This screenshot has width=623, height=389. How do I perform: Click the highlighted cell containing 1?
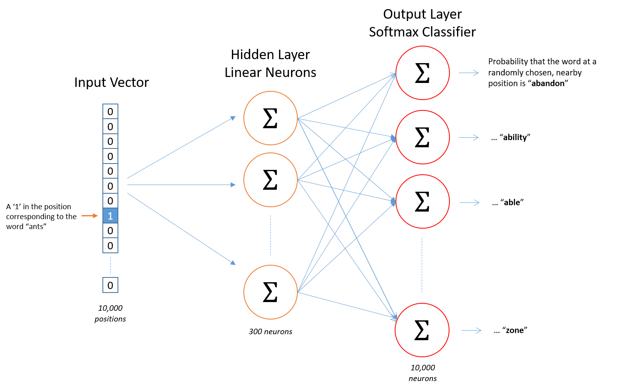coord(110,216)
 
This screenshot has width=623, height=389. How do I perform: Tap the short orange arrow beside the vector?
coord(89,216)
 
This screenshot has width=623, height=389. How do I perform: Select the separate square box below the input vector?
coord(110,285)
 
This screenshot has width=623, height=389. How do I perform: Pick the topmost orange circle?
coord(270,118)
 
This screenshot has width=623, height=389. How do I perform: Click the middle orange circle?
coord(270,180)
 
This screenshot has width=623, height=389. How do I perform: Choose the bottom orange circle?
coord(270,292)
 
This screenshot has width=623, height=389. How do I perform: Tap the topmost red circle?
coord(422,73)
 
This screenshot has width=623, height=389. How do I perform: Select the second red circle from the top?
coord(422,137)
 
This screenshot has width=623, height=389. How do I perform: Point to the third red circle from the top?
coord(422,201)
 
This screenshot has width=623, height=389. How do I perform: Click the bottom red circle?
coord(422,330)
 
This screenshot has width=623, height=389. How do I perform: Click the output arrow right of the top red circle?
coord(469,73)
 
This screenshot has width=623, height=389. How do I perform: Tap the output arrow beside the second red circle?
coord(469,137)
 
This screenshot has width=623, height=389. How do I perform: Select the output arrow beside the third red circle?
coord(469,202)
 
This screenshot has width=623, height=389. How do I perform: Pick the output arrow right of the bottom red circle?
coord(471,330)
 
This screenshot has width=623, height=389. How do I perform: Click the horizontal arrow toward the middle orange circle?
coord(181,185)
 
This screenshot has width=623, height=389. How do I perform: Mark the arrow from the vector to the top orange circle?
coord(181,148)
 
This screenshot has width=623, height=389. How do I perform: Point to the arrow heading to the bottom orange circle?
coord(181,229)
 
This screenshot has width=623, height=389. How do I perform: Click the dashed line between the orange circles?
coord(270,235)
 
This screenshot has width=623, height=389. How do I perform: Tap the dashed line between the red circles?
coord(422,265)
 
